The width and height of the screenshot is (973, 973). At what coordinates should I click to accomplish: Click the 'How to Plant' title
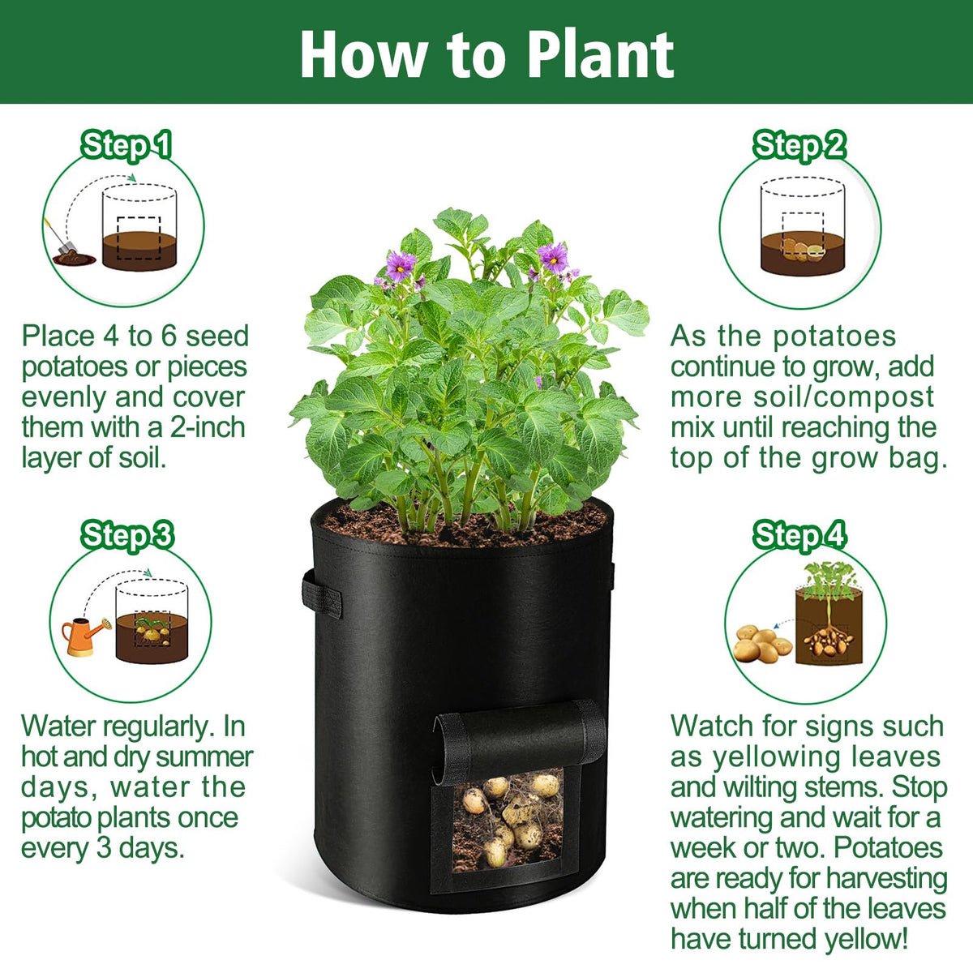[486, 54]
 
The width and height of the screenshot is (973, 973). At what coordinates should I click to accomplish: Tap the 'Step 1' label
[126, 146]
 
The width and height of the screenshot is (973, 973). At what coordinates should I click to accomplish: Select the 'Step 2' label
[799, 146]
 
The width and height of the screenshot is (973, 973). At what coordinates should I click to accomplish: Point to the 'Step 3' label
[127, 536]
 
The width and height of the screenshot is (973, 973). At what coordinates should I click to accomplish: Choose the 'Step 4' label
[799, 536]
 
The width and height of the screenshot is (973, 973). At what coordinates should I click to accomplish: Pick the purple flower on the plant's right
[553, 258]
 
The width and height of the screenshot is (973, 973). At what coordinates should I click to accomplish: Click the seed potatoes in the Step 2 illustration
[803, 251]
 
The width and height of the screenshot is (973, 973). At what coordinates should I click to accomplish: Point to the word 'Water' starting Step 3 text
[59, 727]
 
